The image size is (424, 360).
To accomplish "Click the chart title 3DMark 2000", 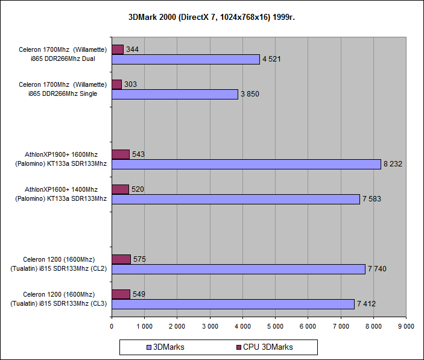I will pyautogui.click(x=212, y=17).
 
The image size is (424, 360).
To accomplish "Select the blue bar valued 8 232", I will pyautogui.click(x=246, y=164).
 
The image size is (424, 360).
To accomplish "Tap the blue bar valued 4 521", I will pyautogui.click(x=186, y=59).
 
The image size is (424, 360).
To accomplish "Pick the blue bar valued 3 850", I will pyautogui.click(x=175, y=94).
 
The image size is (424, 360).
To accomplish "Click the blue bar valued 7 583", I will pyautogui.click(x=236, y=199).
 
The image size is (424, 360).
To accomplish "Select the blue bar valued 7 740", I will pyautogui.click(x=238, y=269).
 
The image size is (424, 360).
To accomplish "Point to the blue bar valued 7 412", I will pyautogui.click(x=233, y=304).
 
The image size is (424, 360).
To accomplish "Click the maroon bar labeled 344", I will pyautogui.click(x=118, y=49).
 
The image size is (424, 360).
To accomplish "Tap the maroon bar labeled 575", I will pyautogui.click(x=121, y=259).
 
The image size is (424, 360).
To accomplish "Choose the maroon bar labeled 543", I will pyautogui.click(x=121, y=154).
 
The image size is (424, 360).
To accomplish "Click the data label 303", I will pyautogui.click(x=130, y=84).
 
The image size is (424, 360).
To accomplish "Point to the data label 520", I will pyautogui.click(x=139, y=189).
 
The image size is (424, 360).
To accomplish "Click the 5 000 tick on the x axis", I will pyautogui.click(x=275, y=326).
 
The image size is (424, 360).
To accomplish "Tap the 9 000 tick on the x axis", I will pyautogui.click(x=406, y=326).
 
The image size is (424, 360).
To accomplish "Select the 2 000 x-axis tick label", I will pyautogui.click(x=177, y=326).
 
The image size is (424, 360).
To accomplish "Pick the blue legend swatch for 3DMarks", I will pyautogui.click(x=149, y=347).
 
